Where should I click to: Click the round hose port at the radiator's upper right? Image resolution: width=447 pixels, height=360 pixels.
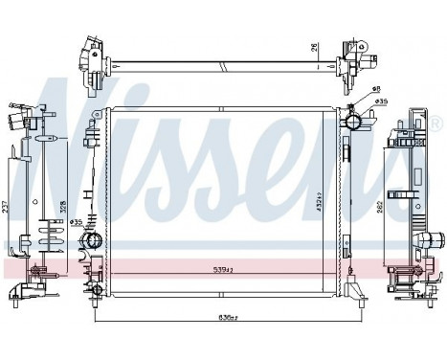coord(354,123)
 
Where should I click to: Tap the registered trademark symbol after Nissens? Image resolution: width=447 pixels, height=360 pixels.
coord(436,125)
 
